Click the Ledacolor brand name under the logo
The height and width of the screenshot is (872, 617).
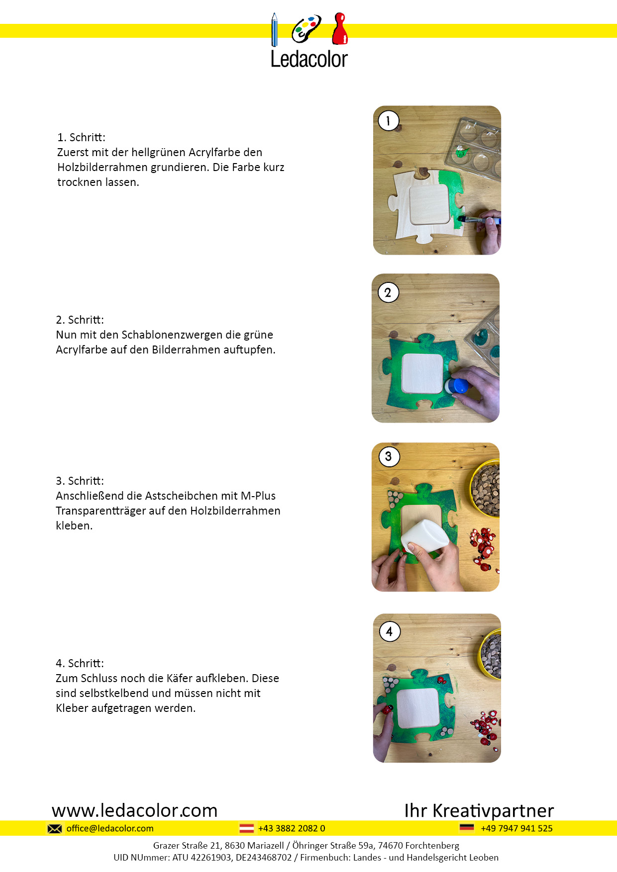point(309,59)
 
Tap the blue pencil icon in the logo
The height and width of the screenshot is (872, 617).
point(274,30)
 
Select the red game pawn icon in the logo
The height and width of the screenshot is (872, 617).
point(340,28)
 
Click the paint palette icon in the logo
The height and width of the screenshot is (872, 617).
point(306,29)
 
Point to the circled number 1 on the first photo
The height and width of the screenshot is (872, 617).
point(388,120)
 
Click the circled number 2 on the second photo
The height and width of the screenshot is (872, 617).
point(388,292)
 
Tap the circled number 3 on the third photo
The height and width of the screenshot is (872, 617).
point(389,456)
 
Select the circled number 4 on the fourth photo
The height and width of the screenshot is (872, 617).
point(390,631)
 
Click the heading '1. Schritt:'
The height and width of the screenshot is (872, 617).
point(81,137)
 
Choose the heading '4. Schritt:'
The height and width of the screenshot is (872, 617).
point(80,663)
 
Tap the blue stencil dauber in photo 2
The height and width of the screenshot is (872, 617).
point(456,386)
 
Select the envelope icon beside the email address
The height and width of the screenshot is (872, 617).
point(55,828)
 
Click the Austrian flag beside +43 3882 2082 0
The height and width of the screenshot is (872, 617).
point(246,828)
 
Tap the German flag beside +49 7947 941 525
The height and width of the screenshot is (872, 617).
point(467,828)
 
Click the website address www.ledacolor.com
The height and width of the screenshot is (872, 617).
point(134,810)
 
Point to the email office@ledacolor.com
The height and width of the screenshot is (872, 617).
point(110,828)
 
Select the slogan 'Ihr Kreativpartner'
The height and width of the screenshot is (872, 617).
point(479,810)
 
